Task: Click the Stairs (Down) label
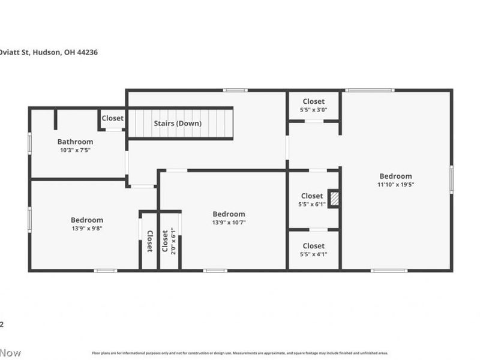[178, 124]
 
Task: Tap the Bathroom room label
[75, 142]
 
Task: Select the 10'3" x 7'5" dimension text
[75, 150]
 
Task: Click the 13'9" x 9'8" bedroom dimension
[87, 228]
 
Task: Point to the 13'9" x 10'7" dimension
[229, 222]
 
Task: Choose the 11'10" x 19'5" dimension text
[395, 184]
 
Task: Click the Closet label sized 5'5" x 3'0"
[313, 102]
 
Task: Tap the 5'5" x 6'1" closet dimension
[312, 204]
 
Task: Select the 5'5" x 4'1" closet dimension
[313, 254]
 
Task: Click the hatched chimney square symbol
[334, 199]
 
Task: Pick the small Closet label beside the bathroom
[112, 118]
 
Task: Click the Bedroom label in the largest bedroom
[395, 176]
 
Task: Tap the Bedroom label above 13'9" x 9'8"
[87, 220]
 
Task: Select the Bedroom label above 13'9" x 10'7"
[229, 214]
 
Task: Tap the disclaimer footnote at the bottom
[240, 353]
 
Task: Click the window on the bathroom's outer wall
[29, 143]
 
